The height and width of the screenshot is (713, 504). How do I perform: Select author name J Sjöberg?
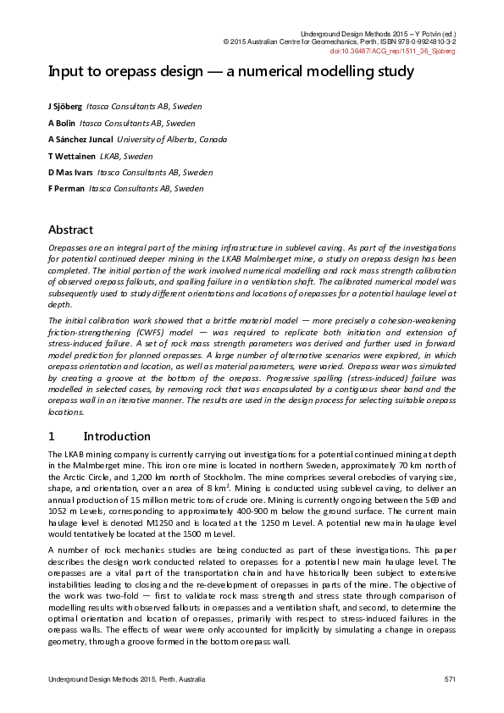(x=65, y=108)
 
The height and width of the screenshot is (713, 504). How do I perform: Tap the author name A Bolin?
(x=62, y=124)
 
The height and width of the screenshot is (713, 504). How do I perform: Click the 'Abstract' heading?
(x=70, y=229)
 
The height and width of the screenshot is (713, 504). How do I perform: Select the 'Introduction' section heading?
(x=117, y=436)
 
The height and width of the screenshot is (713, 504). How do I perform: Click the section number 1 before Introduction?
(x=52, y=436)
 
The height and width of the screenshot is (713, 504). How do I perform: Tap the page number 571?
(x=450, y=680)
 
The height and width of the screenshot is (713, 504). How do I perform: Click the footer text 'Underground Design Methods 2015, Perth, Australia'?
(x=126, y=680)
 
